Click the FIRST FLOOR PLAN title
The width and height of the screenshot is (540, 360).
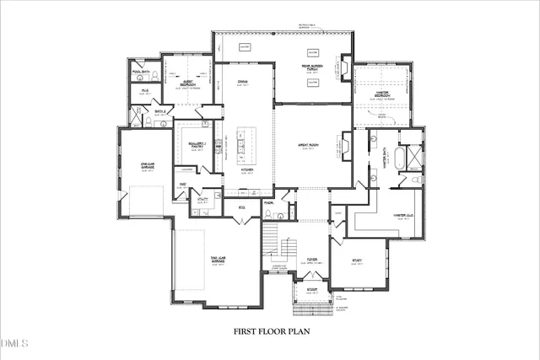[272, 331]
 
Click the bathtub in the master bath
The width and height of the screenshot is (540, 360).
[415, 159]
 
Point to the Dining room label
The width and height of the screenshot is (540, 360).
[242, 82]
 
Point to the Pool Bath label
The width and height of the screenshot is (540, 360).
[141, 72]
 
